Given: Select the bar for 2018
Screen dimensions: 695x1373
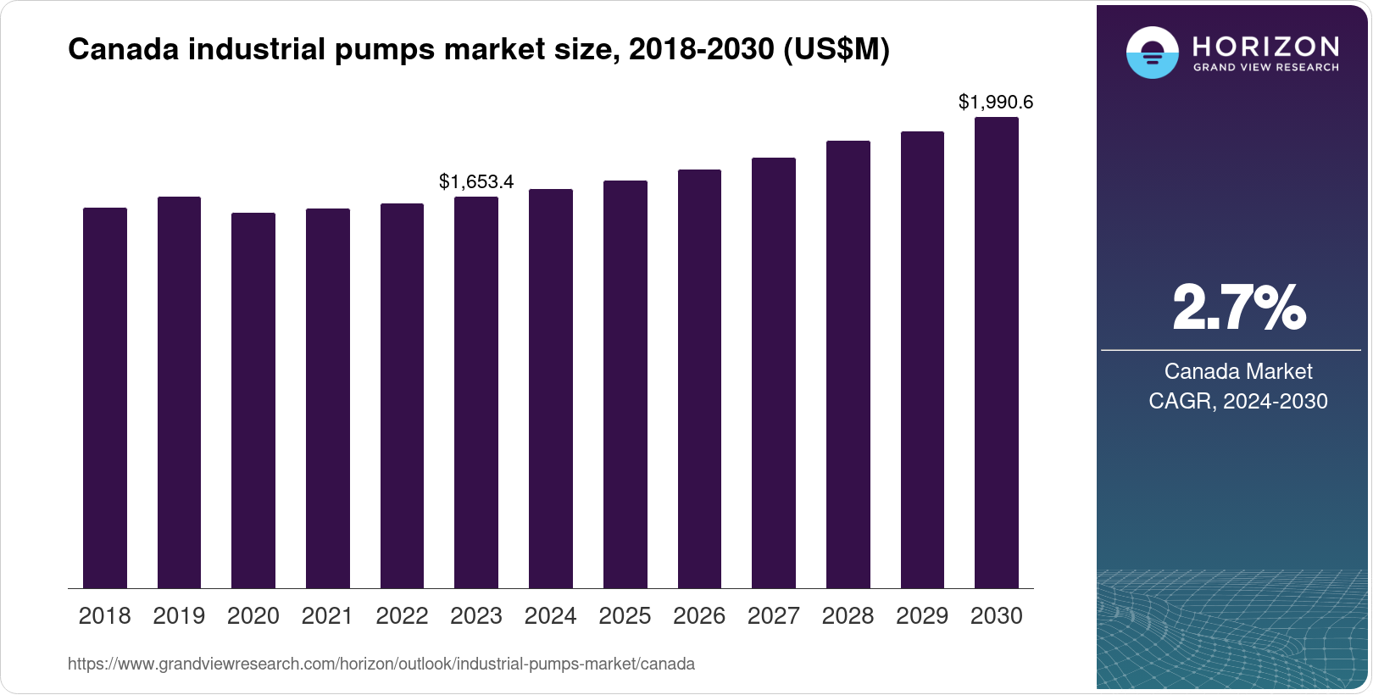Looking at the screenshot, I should coord(105,398).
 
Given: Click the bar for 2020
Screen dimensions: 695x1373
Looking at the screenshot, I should coord(253,401).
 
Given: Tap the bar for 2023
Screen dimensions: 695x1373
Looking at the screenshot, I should coord(476,392).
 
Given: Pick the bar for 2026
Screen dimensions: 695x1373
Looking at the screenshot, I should coord(699,379).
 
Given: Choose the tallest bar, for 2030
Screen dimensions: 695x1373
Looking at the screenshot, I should coord(997,353).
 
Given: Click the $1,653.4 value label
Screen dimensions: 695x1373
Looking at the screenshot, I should coord(476,181).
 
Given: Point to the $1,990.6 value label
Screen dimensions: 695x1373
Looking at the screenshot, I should coord(996,103).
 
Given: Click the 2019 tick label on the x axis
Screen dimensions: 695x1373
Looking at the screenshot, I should coord(179,616).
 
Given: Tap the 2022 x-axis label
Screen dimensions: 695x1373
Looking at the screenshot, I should coord(402,616).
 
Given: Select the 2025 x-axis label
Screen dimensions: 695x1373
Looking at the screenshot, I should coord(625,616).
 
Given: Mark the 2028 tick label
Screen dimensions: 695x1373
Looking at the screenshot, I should coord(848,616).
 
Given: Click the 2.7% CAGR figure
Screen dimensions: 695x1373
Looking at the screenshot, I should coord(1238,309).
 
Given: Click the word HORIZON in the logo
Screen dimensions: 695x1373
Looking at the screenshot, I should coord(1265,47).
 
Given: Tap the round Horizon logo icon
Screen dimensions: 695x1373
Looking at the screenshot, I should coord(1152,53).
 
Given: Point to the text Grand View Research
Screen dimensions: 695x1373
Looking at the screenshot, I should coord(1265,67).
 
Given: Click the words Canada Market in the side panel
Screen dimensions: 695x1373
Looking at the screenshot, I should coord(1238,371).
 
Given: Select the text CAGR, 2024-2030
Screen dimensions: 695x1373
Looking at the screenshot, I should coord(1238,401).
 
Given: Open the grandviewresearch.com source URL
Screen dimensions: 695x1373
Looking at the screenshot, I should coord(381,664).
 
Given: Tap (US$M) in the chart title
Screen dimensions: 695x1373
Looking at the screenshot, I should coord(836,50).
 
